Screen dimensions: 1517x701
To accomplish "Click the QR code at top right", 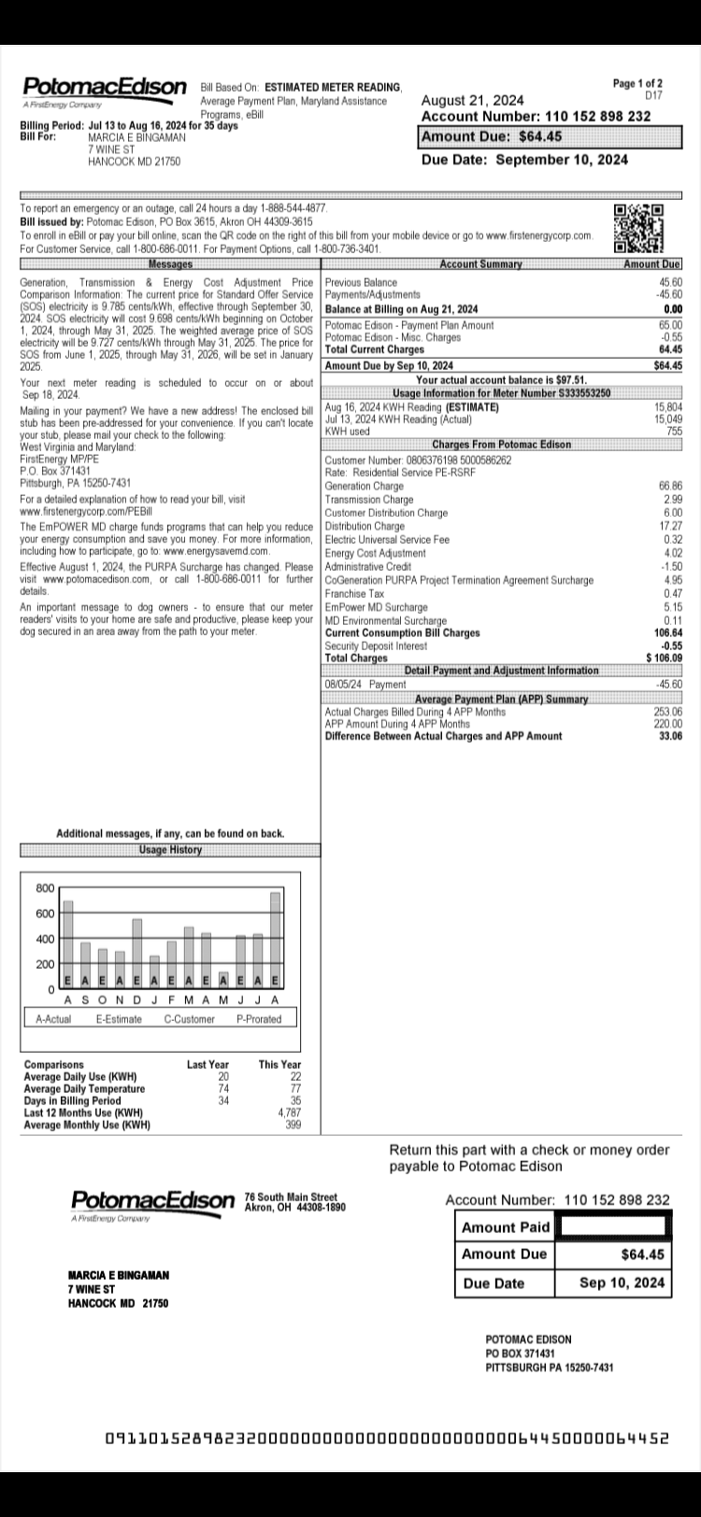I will [638, 228].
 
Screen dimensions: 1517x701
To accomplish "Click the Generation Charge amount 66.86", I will [670, 486].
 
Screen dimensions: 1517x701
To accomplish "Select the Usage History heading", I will [170, 850].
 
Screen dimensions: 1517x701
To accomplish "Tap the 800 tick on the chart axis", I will [45, 887].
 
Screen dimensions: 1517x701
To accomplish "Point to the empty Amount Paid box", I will [613, 1226].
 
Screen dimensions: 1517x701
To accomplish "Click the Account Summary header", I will [480, 264].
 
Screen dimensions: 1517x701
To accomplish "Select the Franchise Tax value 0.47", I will [672, 594].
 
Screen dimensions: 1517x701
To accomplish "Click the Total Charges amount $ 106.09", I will [664, 658].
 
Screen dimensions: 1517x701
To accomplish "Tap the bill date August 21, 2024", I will [473, 100].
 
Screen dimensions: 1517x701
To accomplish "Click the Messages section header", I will [170, 264].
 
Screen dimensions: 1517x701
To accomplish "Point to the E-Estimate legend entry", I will [119, 1019].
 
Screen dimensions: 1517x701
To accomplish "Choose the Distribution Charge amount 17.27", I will [670, 527].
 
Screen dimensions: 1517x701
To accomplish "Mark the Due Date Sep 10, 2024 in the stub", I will [622, 1283].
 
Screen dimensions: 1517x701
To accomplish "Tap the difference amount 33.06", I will [670, 736].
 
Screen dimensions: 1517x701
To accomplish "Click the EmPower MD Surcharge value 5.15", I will [672, 607].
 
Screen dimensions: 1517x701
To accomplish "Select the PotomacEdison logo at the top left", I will [104, 88].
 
